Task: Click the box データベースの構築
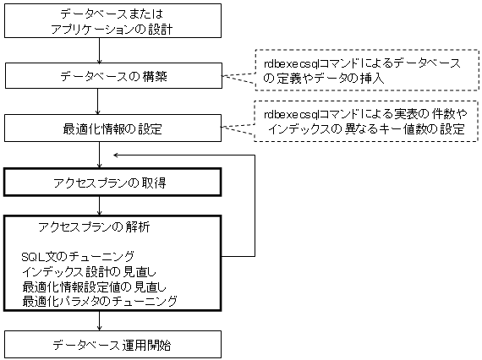point(113,76)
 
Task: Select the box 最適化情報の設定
point(112,128)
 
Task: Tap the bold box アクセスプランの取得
point(112,183)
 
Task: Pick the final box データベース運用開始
point(112,344)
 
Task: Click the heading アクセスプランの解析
point(94,227)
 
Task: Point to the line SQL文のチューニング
point(78,256)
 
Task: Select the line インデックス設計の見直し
point(89,271)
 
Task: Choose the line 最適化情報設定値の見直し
point(94,286)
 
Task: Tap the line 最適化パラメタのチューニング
point(100,301)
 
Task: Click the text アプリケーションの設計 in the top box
point(112,30)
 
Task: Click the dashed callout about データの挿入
point(367,70)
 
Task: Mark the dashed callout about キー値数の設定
point(366,121)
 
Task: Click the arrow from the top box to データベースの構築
point(99,51)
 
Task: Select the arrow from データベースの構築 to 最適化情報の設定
point(97,101)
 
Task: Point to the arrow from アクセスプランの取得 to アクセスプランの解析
point(99,206)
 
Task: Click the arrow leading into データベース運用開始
point(99,321)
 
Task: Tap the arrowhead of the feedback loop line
point(116,155)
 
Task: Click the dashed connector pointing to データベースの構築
point(238,77)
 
